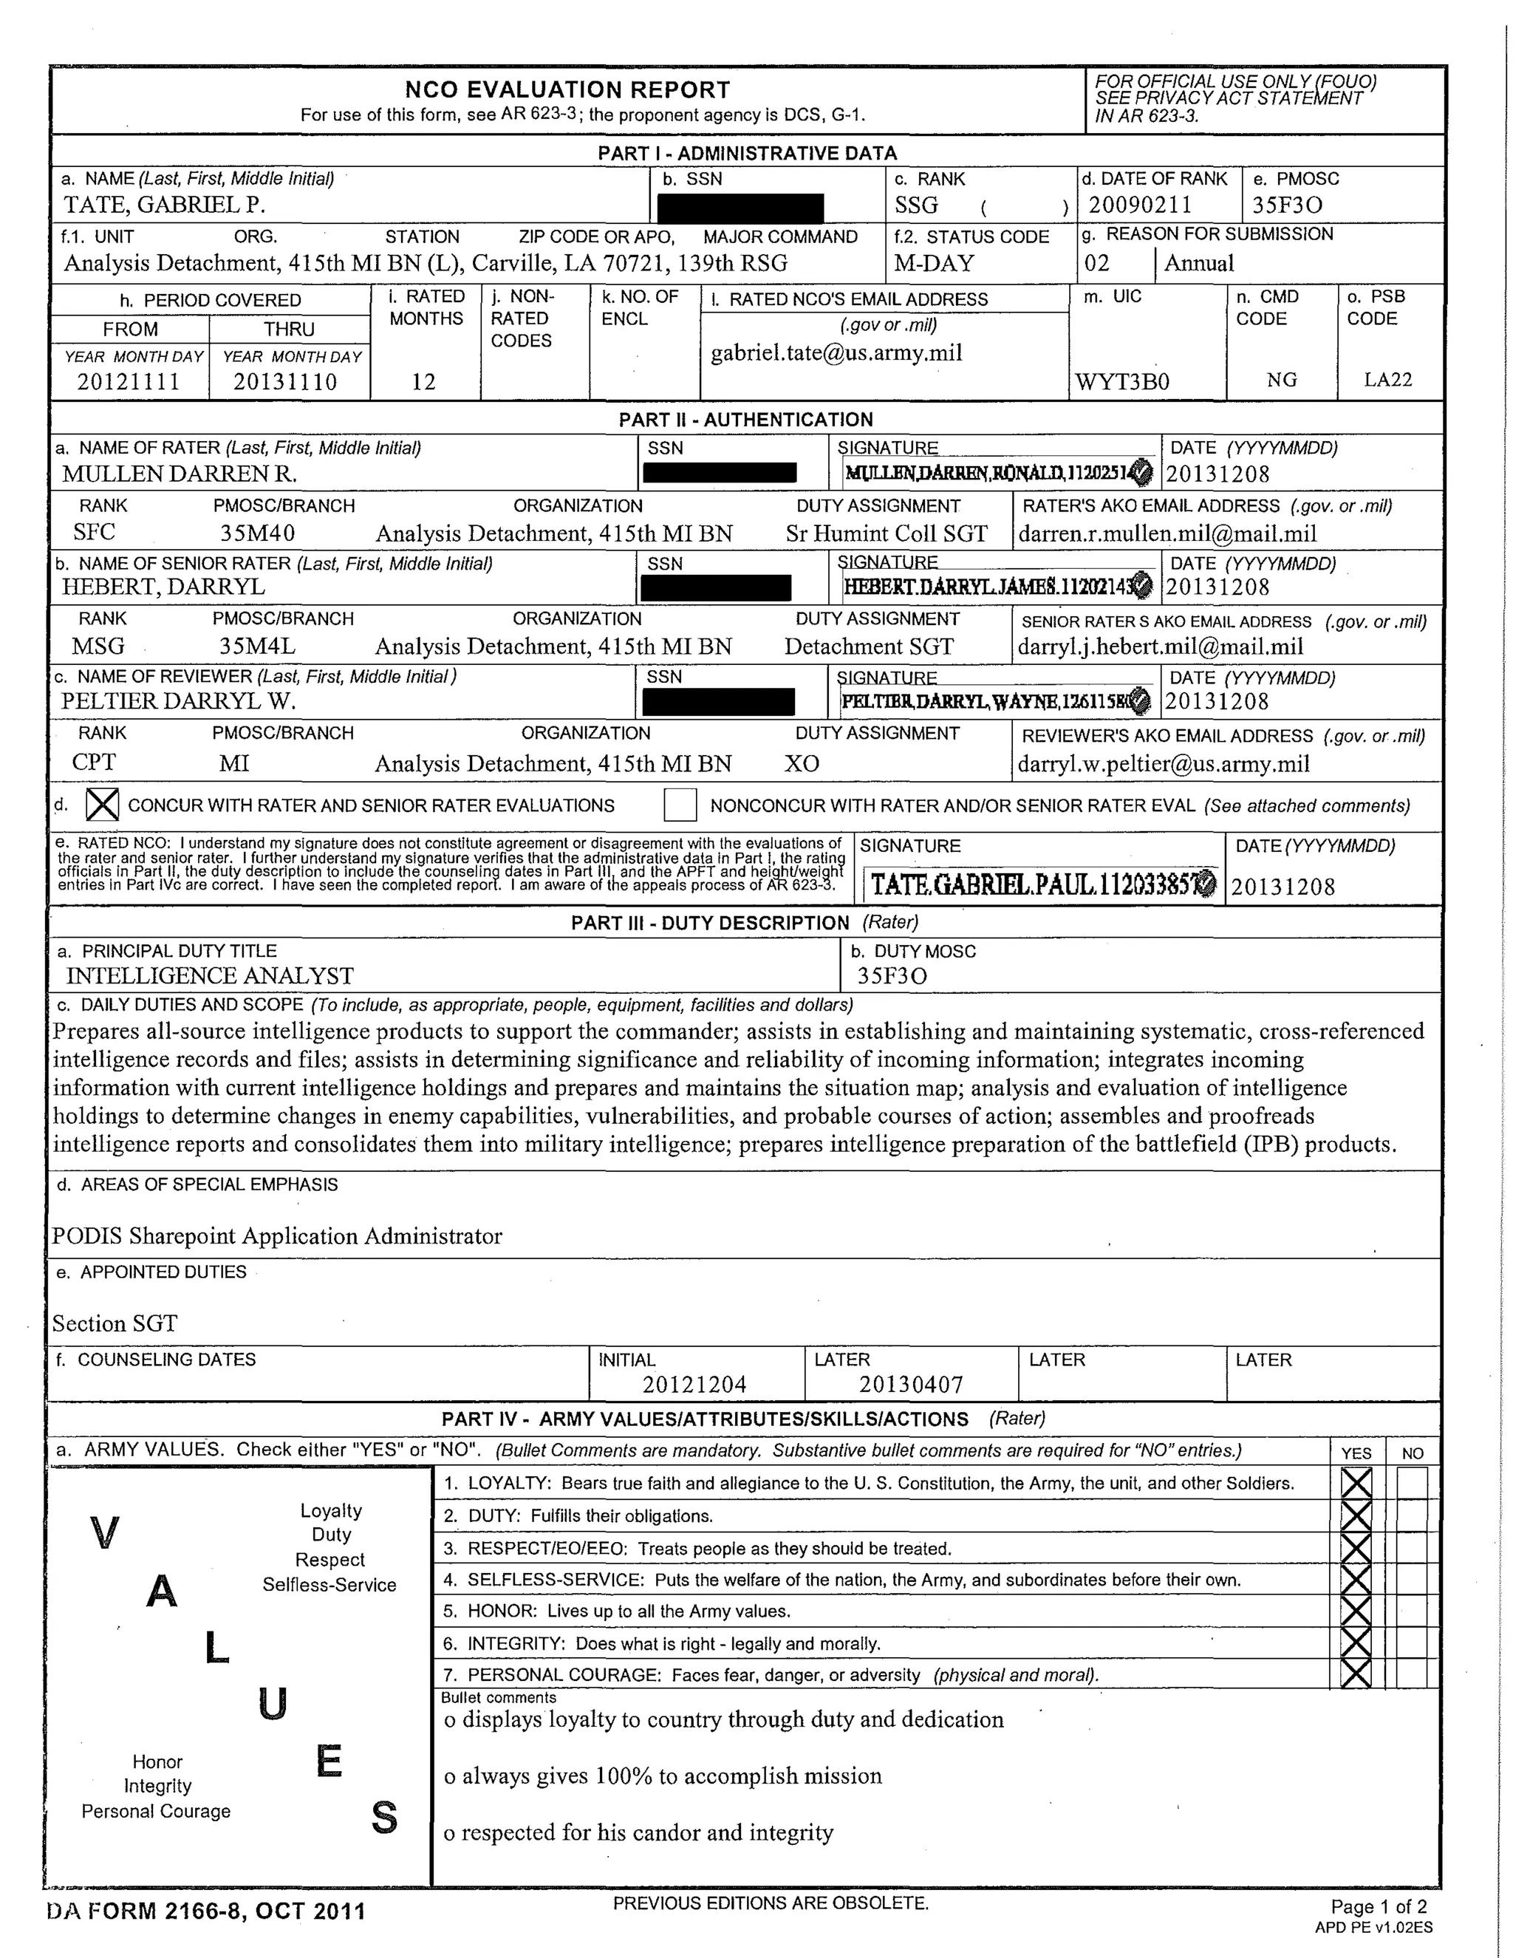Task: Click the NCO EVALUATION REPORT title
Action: pos(567,89)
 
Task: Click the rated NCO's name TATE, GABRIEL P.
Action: pos(164,205)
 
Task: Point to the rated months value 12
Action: pos(423,382)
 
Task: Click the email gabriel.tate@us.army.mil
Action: pos(836,353)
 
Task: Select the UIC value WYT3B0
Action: pos(1122,383)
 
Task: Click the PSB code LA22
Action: pos(1387,380)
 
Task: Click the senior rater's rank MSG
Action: pos(98,647)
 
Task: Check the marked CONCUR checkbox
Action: pos(102,805)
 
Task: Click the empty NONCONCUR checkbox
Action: pos(680,805)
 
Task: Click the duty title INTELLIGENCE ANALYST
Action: pos(210,976)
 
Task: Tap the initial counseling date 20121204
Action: pos(694,1385)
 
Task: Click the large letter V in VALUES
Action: pos(105,1534)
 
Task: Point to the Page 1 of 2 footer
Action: pos(1378,1907)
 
